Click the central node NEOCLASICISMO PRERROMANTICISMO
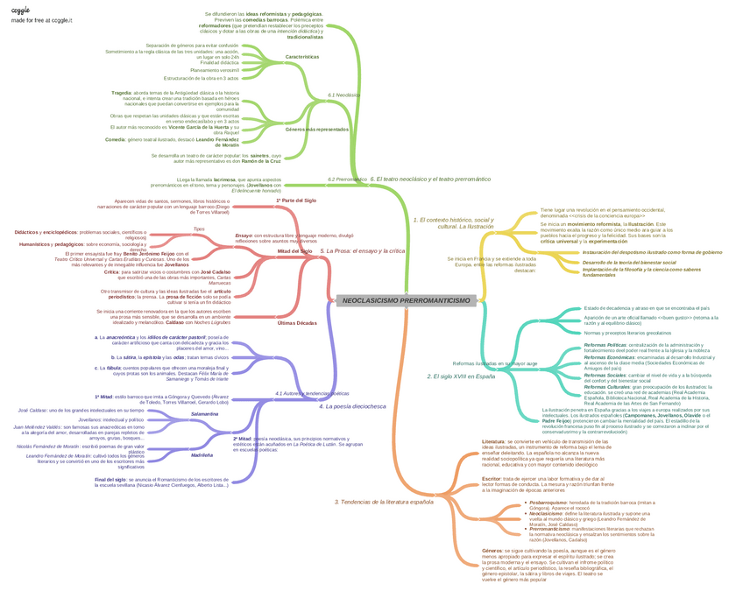pos(406,301)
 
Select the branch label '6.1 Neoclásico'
pos(343,95)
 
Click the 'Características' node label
pos(302,57)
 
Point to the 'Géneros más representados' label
pos(316,129)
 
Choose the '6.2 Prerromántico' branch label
pos(348,179)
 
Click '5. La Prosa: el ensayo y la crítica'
pos(363,251)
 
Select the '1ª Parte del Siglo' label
pos(296,201)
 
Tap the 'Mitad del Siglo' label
pos(295,251)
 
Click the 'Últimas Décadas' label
pos(296,323)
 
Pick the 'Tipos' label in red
pos(199,229)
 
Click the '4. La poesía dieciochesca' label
pos(352,406)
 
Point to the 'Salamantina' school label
pos(204,413)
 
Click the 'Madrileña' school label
pos(202,454)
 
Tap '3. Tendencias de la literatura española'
pos(384,502)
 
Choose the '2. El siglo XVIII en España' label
pos(455,376)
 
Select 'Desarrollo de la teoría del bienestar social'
pos(636,262)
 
